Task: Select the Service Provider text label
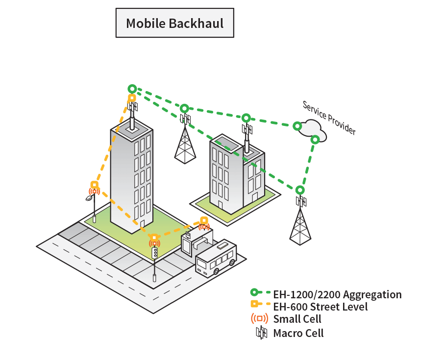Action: point(329,118)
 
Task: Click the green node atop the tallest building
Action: point(132,89)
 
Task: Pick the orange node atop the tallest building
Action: point(132,98)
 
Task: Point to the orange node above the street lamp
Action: point(94,185)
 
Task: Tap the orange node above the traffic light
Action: point(154,238)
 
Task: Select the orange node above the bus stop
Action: point(204,220)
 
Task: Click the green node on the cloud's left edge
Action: point(297,126)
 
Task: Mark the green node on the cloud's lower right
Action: point(315,139)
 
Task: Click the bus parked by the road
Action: point(216,258)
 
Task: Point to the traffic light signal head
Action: point(155,252)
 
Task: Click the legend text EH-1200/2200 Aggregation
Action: point(337,295)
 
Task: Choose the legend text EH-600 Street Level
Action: point(320,307)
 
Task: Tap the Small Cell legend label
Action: point(297,319)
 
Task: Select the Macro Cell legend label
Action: point(298,334)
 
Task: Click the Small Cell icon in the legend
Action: point(259,319)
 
